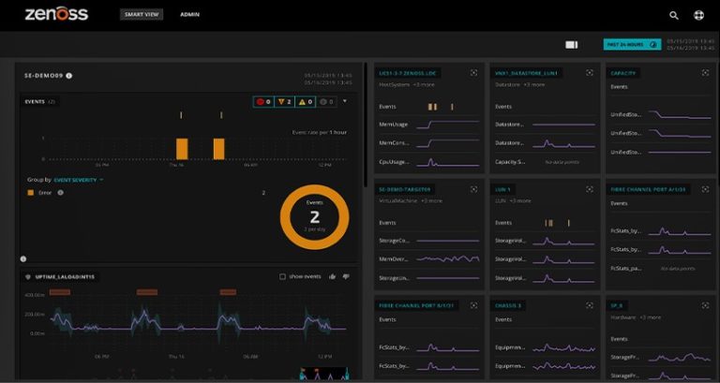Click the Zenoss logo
point(56,14)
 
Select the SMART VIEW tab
point(141,15)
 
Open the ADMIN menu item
point(189,15)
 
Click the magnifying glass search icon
point(674,15)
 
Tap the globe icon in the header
point(698,15)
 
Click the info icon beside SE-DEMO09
point(69,76)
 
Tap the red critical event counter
point(263,101)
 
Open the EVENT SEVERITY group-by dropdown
point(79,179)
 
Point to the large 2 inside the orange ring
point(314,216)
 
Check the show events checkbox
point(282,276)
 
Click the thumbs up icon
point(333,276)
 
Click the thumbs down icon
point(346,276)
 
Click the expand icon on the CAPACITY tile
point(705,72)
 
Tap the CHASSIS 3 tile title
point(510,305)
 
